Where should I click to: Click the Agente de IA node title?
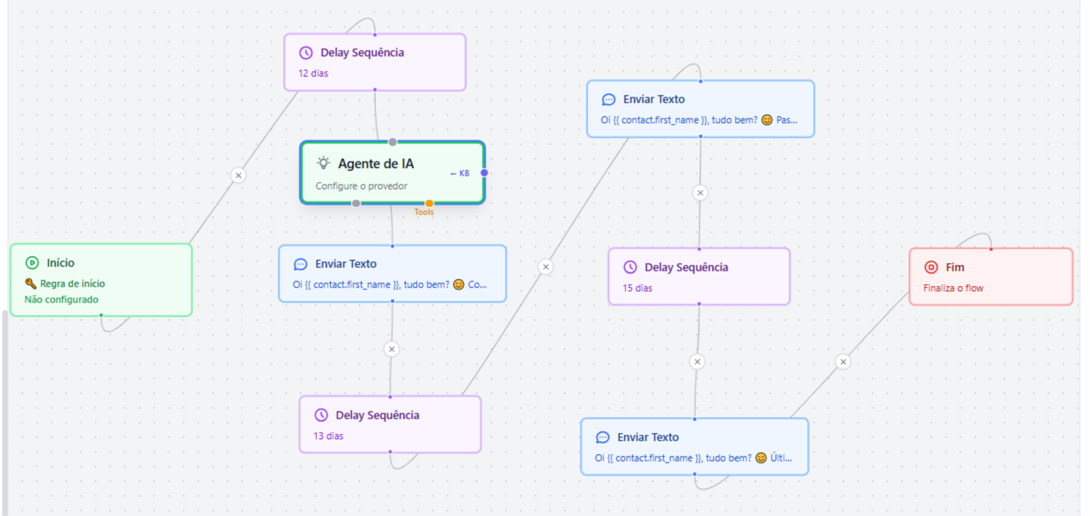click(x=375, y=164)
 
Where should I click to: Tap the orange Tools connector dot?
click(x=429, y=204)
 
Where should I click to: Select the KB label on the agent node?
click(x=464, y=173)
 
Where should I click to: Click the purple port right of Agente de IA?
click(x=484, y=173)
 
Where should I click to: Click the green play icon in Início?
click(x=32, y=263)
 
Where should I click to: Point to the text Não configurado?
click(x=61, y=300)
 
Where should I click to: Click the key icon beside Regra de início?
click(x=31, y=284)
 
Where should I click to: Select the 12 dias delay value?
click(x=313, y=74)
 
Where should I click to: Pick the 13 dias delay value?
click(x=328, y=436)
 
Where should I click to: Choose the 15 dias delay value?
click(x=638, y=289)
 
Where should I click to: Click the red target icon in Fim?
click(x=931, y=267)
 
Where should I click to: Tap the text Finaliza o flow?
click(x=953, y=289)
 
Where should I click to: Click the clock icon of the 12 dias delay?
click(x=306, y=52)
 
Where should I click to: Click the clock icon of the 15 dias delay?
click(x=630, y=267)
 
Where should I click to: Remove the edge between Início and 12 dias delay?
click(x=238, y=176)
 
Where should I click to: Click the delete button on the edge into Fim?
click(x=843, y=362)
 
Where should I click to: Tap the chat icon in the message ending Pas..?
click(x=609, y=99)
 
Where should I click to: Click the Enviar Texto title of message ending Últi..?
click(x=648, y=437)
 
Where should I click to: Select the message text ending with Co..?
click(x=390, y=285)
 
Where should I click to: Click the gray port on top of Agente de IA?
click(x=392, y=142)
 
